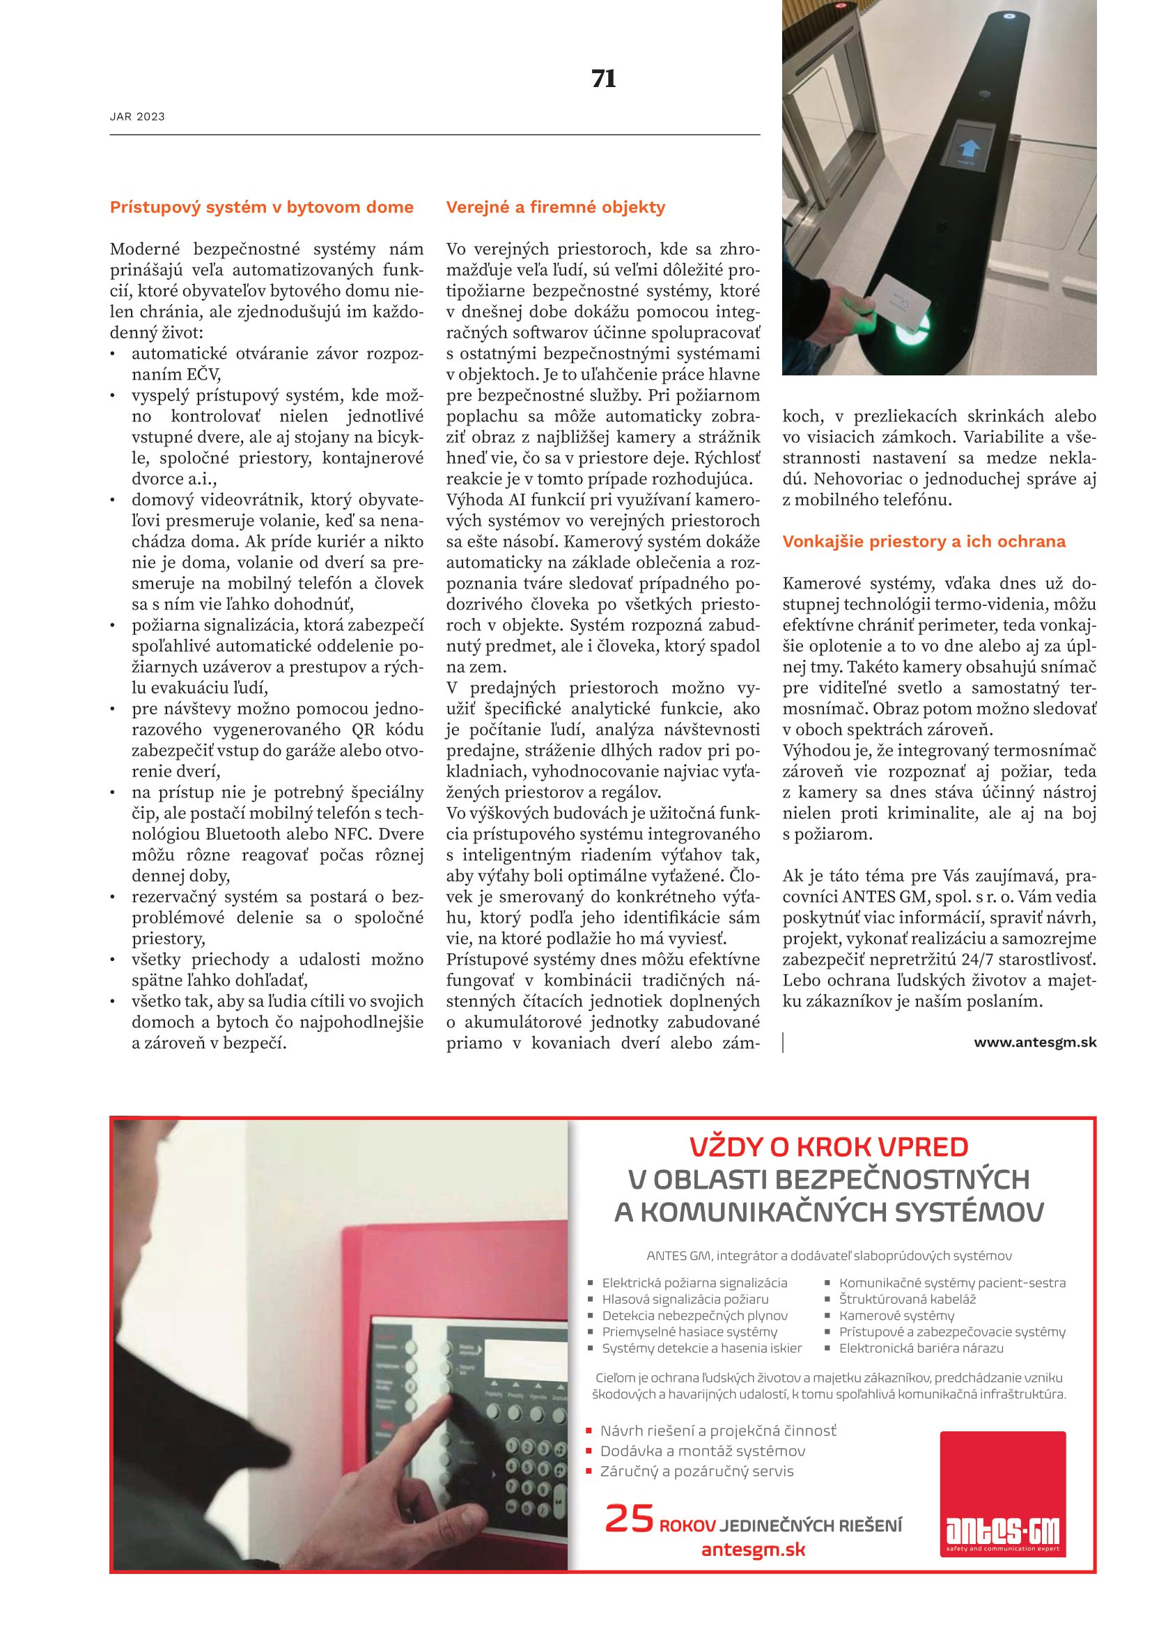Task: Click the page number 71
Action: [x=604, y=79]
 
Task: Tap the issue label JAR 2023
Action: [x=137, y=117]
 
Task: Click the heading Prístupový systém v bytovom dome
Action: [x=261, y=207]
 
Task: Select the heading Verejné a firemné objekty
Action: [x=555, y=207]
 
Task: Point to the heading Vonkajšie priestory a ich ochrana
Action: [x=924, y=541]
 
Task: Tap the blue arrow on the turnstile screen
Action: [x=968, y=148]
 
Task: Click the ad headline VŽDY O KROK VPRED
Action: [x=829, y=1147]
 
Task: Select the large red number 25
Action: [x=628, y=1519]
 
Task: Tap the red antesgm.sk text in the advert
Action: [x=753, y=1550]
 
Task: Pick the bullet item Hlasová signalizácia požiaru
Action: [x=685, y=1299]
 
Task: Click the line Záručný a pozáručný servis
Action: [x=696, y=1472]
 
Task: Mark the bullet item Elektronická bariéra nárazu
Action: [x=921, y=1348]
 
